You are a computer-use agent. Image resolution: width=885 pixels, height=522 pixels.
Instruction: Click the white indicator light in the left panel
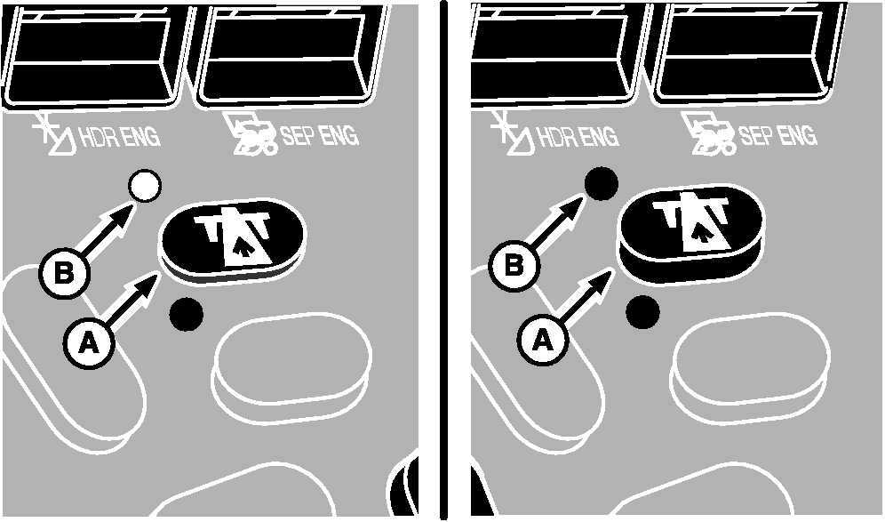click(145, 186)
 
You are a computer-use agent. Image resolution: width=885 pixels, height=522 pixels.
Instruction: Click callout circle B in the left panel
click(64, 274)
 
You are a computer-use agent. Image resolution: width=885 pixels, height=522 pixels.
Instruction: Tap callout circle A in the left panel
click(89, 342)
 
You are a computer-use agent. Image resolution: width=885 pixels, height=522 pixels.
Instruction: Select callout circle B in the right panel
click(514, 264)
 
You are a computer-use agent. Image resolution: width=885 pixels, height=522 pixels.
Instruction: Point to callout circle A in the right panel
click(542, 340)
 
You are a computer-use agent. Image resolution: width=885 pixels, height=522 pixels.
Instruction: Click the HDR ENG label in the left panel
click(119, 137)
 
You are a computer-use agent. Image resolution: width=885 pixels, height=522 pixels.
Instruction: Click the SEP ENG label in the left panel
click(320, 136)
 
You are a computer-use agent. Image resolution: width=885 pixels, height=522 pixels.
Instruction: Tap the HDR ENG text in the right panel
click(577, 136)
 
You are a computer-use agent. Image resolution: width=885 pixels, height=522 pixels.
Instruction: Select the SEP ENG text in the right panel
click(777, 135)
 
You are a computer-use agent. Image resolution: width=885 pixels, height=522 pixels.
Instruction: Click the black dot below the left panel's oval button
click(187, 314)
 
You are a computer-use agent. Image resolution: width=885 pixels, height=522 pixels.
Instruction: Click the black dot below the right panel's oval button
click(642, 312)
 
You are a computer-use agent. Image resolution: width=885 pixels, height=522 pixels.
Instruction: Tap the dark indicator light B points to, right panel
click(601, 183)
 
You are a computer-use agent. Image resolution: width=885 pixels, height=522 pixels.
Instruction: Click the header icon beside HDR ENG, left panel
click(52, 134)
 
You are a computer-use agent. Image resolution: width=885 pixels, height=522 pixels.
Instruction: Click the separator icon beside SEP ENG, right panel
click(708, 133)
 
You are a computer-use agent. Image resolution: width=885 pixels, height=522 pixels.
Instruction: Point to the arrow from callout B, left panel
click(108, 231)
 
